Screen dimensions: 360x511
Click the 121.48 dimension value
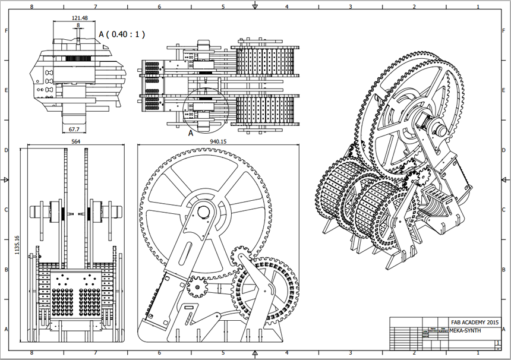[x=79, y=18]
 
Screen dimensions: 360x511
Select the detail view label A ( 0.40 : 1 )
[x=122, y=34]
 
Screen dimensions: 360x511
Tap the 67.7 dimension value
[x=73, y=128]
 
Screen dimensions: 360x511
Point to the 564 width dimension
[x=76, y=142]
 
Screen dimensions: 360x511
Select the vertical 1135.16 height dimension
[x=17, y=244]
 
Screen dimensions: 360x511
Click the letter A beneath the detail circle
[x=191, y=134]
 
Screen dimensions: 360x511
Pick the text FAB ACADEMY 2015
[x=473, y=321]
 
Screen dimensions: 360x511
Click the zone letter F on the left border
[x=6, y=30]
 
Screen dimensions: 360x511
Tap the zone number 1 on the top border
[x=477, y=7]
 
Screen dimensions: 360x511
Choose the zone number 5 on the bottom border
[x=223, y=354]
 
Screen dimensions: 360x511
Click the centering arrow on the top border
[x=255, y=6]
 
